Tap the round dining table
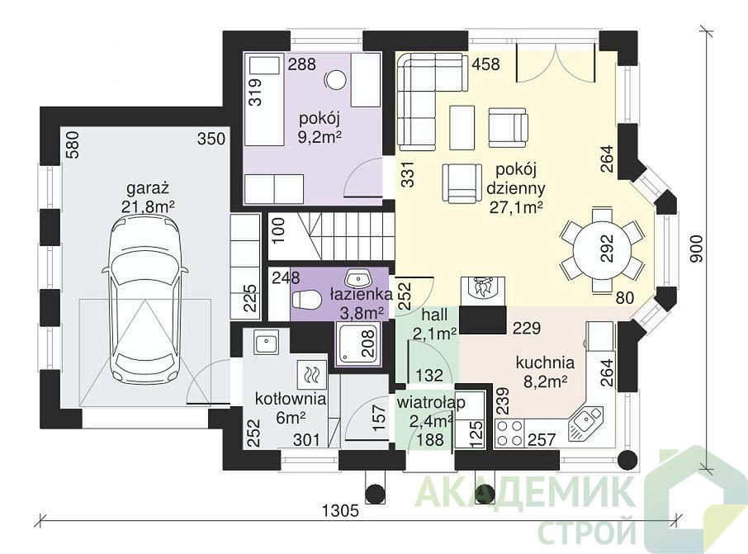click(602, 249)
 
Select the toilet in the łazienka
click(305, 300)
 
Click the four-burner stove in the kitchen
click(509, 433)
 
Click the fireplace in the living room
click(482, 288)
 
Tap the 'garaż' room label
click(148, 188)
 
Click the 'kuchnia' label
click(545, 362)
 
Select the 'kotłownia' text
click(290, 399)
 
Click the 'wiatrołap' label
click(431, 403)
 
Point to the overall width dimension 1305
click(340, 511)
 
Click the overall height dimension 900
click(697, 249)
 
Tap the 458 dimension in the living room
click(485, 64)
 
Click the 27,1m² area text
click(517, 207)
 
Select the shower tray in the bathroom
click(358, 343)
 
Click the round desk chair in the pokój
click(336, 78)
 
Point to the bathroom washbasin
click(358, 277)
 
